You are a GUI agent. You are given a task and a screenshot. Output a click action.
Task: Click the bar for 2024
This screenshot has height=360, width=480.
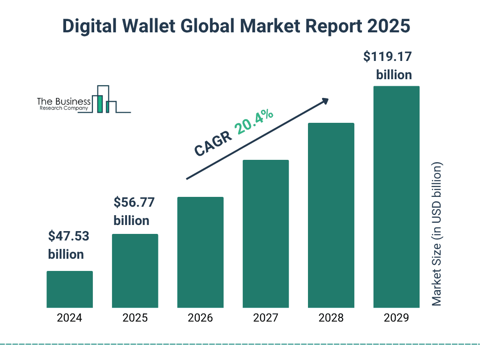pyautogui.click(x=69, y=289)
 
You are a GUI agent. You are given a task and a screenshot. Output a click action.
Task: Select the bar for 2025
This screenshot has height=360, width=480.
pyautogui.click(x=135, y=270)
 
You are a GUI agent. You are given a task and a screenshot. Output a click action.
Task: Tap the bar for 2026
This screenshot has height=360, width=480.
pyautogui.click(x=200, y=252)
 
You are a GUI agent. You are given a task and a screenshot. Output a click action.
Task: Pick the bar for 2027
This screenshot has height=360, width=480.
pyautogui.click(x=265, y=233)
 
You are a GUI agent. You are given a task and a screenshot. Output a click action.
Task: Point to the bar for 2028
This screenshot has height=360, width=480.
pyautogui.click(x=331, y=215)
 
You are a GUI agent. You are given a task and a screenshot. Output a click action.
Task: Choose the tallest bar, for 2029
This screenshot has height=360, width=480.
pyautogui.click(x=396, y=197)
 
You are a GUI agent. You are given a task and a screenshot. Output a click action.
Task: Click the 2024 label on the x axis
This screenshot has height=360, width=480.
pyautogui.click(x=69, y=318)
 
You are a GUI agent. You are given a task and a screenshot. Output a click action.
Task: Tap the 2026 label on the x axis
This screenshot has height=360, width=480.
pyautogui.click(x=200, y=318)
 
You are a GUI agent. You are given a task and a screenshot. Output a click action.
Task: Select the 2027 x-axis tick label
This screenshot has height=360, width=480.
pyautogui.click(x=265, y=318)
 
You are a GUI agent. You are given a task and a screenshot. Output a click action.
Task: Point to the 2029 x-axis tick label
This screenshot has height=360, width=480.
pyautogui.click(x=396, y=318)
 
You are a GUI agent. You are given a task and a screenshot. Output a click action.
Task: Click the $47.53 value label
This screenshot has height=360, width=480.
pyautogui.click(x=68, y=236)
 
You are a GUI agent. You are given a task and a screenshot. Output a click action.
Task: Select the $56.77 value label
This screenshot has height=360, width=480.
pyautogui.click(x=134, y=203)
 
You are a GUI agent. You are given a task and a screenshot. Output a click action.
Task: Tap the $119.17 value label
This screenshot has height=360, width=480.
pyautogui.click(x=388, y=57)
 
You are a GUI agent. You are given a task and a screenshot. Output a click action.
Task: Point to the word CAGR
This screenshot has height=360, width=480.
pyautogui.click(x=213, y=143)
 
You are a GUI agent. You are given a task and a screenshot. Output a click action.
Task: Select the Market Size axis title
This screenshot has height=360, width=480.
pyautogui.click(x=437, y=234)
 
